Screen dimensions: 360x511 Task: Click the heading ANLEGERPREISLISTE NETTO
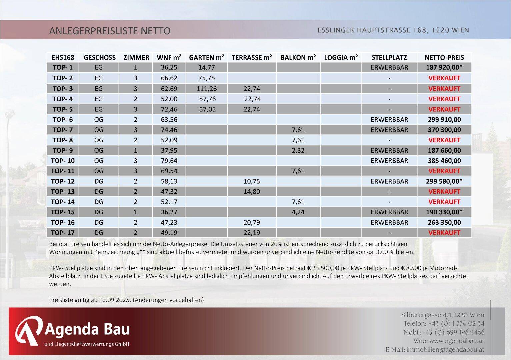tap(110, 31)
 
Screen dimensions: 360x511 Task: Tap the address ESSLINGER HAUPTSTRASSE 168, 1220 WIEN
tap(393, 30)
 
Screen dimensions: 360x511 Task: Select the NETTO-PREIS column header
tap(444, 57)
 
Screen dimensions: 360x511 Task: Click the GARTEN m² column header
tap(206, 57)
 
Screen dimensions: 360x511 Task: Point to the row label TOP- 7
tap(63, 130)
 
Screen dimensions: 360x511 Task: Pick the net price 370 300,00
tap(444, 130)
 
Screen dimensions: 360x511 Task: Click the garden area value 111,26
tap(207, 89)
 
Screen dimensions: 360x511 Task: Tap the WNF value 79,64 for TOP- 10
tap(169, 161)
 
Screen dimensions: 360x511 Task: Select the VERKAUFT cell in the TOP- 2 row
tap(444, 78)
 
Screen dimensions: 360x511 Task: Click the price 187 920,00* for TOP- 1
tap(444, 67)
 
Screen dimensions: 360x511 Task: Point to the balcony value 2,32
tap(298, 150)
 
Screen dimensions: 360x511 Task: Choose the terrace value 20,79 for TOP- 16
tap(252, 222)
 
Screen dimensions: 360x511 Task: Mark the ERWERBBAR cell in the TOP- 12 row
tap(389, 181)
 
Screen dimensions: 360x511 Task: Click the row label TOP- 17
tap(63, 233)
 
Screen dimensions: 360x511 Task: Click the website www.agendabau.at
tap(457, 341)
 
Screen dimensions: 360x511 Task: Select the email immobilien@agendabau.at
tap(445, 350)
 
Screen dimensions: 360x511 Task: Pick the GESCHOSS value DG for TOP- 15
tap(99, 212)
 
